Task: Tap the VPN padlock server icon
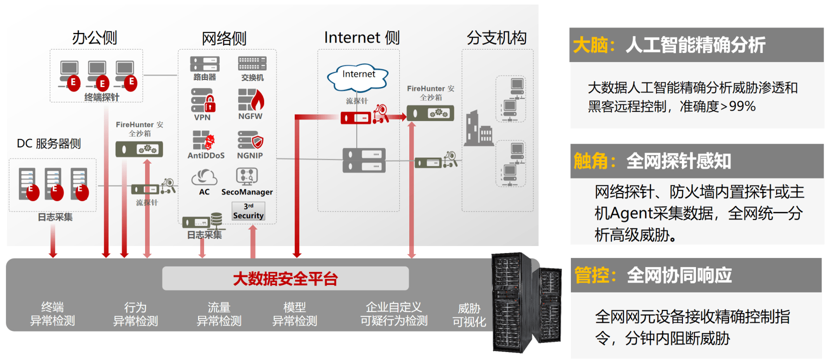tap(203, 100)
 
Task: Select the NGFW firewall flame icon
tap(251, 100)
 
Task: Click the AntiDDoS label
tap(206, 155)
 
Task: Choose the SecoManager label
tap(247, 192)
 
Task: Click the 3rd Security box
tap(249, 211)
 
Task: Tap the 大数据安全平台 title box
tap(285, 278)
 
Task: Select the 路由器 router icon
tap(205, 64)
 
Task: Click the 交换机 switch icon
tap(252, 63)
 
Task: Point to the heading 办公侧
tap(95, 38)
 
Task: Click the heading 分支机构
tap(497, 38)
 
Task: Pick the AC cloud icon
tap(204, 177)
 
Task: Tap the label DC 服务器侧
tap(49, 143)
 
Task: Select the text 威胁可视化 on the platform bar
tap(469, 315)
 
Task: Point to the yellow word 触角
tap(591, 161)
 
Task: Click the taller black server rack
tap(512, 302)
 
